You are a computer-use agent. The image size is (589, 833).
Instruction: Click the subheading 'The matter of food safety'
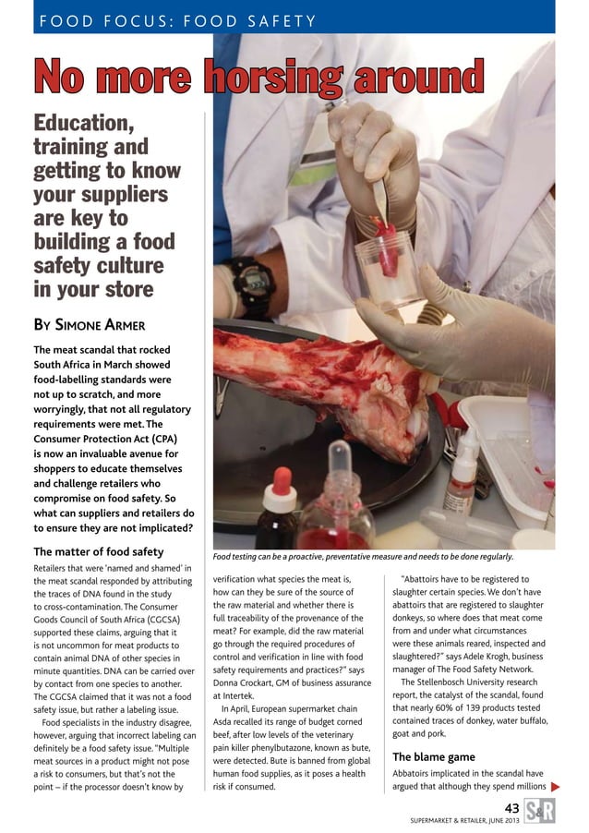click(x=98, y=552)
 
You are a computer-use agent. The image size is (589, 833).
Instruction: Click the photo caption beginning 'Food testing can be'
click(x=362, y=557)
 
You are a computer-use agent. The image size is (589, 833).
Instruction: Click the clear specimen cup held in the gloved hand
click(x=386, y=268)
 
